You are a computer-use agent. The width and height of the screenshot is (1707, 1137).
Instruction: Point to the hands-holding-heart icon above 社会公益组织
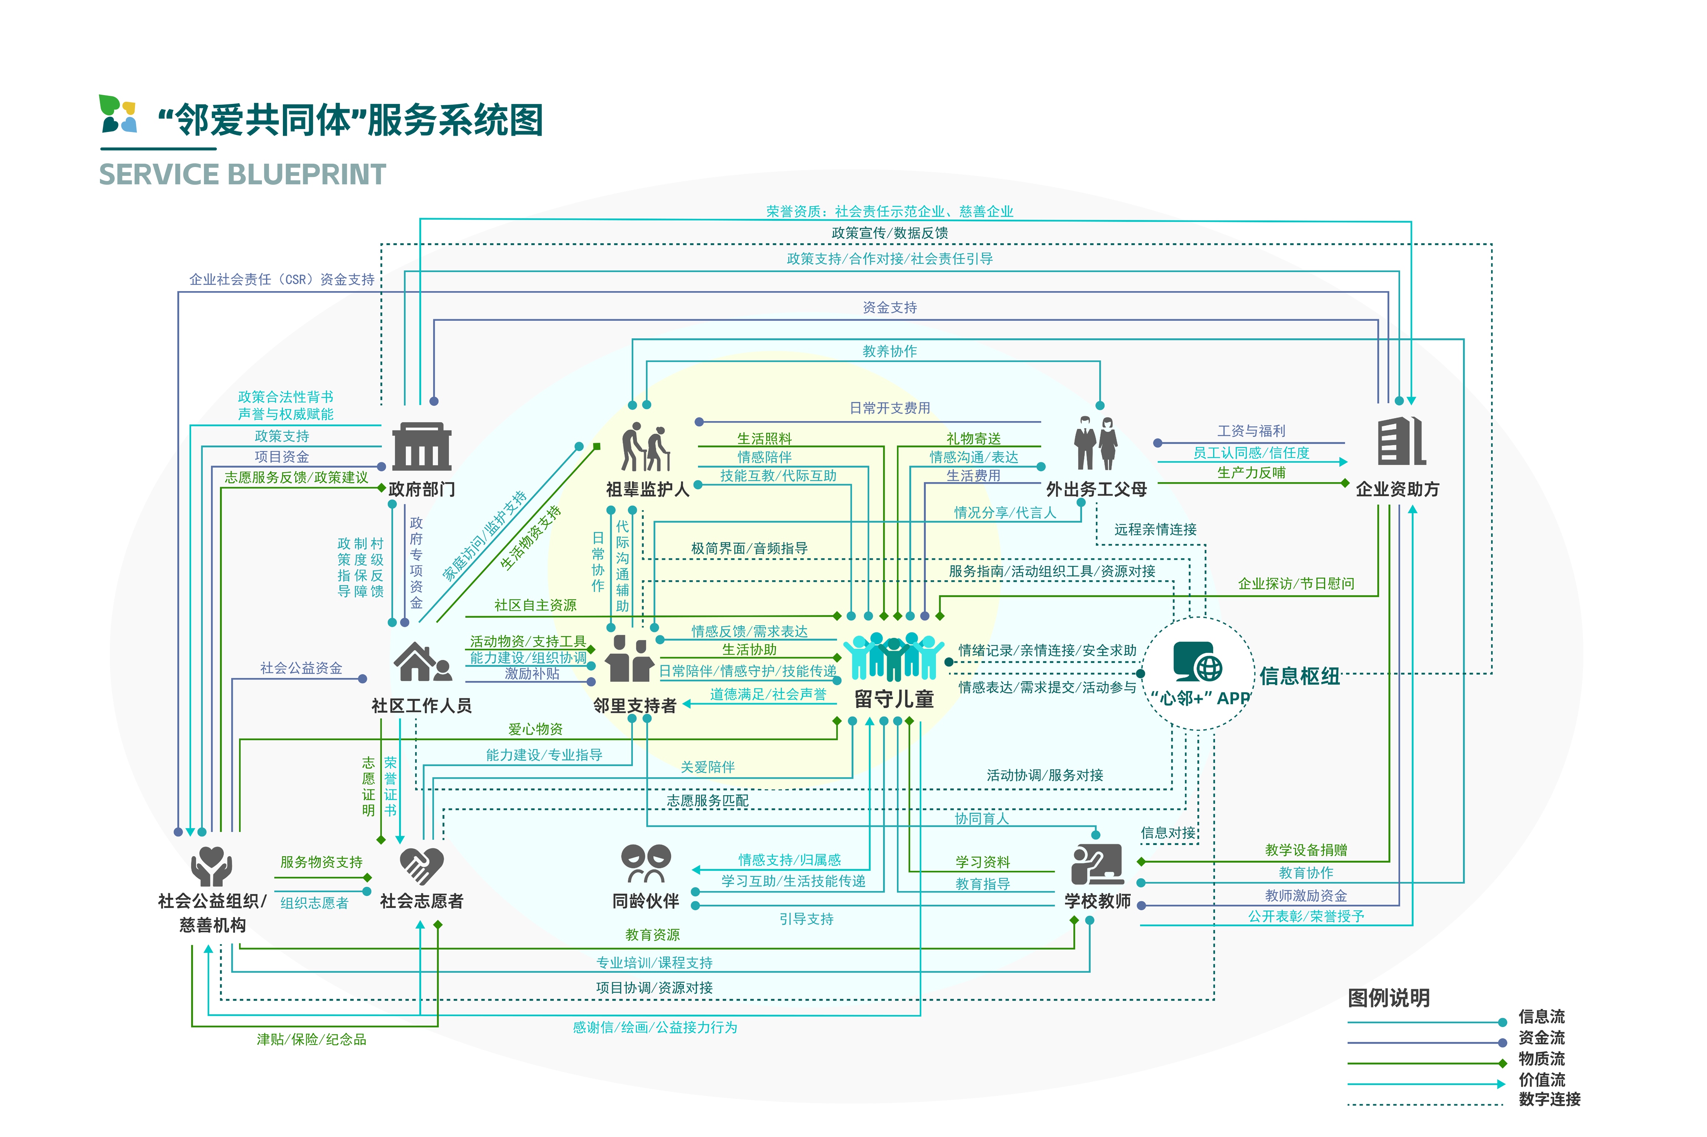pyautogui.click(x=211, y=866)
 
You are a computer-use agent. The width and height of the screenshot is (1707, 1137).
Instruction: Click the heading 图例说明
pyautogui.click(x=1388, y=998)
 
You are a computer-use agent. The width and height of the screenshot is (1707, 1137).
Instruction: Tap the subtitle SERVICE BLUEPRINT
pyautogui.click(x=242, y=175)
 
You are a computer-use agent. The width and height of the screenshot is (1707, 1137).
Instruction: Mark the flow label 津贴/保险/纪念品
pyautogui.click(x=311, y=1039)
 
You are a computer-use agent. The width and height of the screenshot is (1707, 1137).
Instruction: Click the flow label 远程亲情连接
pyautogui.click(x=1155, y=529)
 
